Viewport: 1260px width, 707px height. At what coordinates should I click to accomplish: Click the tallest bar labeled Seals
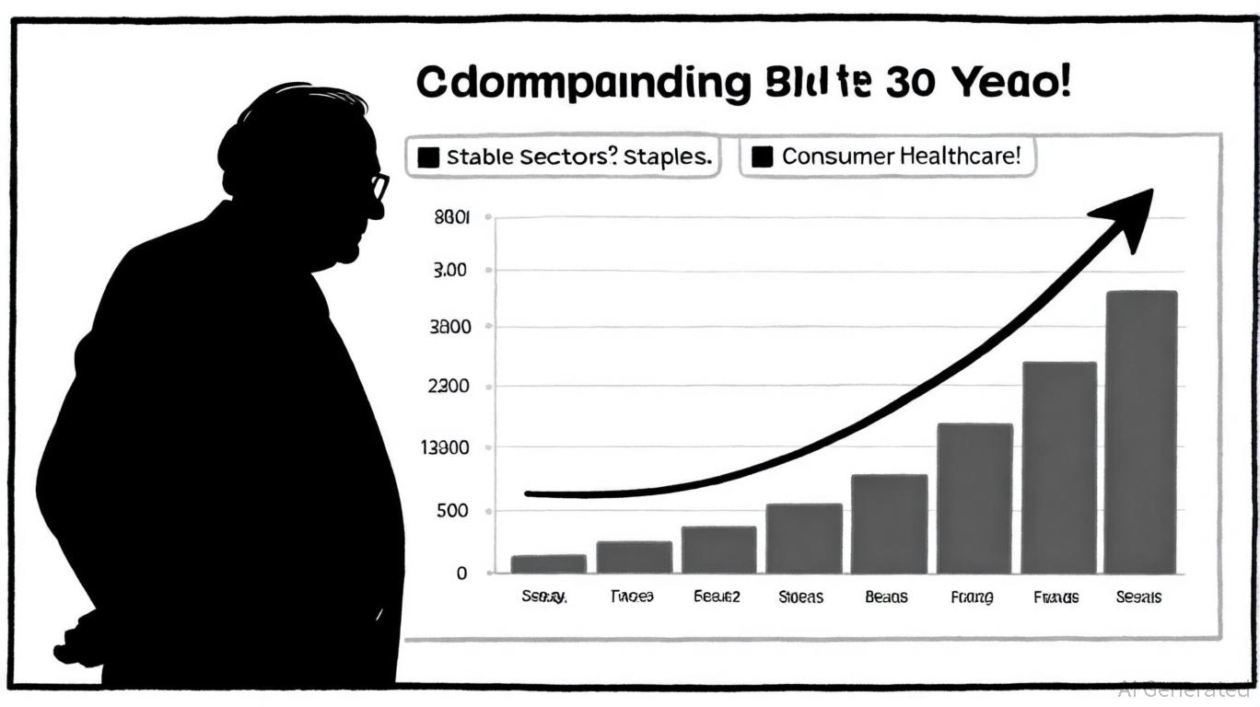pyautogui.click(x=1140, y=433)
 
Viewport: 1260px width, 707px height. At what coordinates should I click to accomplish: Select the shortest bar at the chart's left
pyautogui.click(x=549, y=563)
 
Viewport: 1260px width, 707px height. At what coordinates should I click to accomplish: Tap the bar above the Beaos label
pyautogui.click(x=889, y=524)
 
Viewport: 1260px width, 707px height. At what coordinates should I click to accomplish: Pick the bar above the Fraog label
pyautogui.click(x=974, y=498)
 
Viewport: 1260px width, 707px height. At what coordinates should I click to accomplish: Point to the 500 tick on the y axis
pyautogui.click(x=450, y=512)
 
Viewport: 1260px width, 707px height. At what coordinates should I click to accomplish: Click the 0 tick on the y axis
pyautogui.click(x=461, y=573)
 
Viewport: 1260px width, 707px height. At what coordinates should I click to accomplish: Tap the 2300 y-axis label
pyautogui.click(x=449, y=387)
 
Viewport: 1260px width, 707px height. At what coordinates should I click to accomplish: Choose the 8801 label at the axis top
pyautogui.click(x=450, y=218)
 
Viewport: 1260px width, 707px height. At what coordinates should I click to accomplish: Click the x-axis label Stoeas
pyautogui.click(x=800, y=597)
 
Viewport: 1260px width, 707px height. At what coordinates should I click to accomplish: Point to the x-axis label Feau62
pyautogui.click(x=717, y=597)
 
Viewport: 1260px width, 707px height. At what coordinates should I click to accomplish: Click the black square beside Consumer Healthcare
pyautogui.click(x=762, y=157)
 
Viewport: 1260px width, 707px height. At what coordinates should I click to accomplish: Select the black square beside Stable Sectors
pyautogui.click(x=428, y=157)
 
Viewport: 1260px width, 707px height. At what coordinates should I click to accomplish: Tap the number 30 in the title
pyautogui.click(x=911, y=84)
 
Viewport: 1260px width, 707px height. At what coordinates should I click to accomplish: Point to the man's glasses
pyautogui.click(x=379, y=187)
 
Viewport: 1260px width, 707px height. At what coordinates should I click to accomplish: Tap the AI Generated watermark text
pyautogui.click(x=1184, y=689)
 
